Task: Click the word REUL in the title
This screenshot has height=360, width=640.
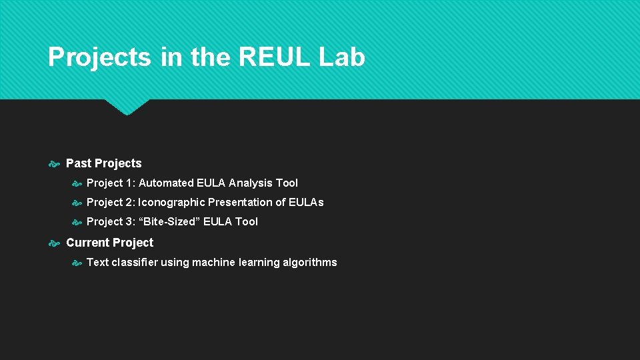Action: [x=274, y=57]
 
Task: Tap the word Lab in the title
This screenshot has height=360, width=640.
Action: [x=341, y=57]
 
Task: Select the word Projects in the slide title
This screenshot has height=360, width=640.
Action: [x=99, y=57]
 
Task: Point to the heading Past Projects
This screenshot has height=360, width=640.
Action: [x=104, y=163]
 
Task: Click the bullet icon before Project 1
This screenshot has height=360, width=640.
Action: [x=77, y=183]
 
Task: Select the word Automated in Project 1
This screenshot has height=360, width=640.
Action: [x=166, y=183]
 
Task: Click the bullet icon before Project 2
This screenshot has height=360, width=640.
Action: [x=77, y=203]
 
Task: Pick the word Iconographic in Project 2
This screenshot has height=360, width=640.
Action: [x=171, y=202]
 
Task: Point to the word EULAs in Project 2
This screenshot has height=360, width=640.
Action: [x=306, y=202]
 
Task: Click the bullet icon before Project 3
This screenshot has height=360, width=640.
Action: [x=77, y=222]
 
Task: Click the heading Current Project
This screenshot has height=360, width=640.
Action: [x=110, y=243]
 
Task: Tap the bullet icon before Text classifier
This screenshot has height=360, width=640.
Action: [x=77, y=263]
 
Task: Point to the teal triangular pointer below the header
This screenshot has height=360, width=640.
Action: [x=127, y=107]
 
